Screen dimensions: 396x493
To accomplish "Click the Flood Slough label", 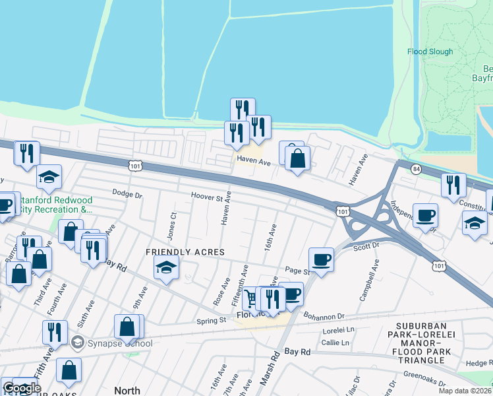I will coord(430,51).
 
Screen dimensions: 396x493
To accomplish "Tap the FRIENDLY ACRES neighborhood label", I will coord(185,252).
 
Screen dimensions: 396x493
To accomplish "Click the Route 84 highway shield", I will coord(415,170).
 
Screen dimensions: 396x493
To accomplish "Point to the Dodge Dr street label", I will coord(127,195).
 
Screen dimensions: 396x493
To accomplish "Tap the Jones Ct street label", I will coord(173,225).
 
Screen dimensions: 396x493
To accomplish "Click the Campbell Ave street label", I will coord(369,280).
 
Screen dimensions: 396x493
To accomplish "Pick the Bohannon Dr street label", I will coord(324,316).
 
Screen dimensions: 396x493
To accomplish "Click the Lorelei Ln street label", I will coord(338,329).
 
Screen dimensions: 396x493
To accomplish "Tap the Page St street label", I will coord(297,271).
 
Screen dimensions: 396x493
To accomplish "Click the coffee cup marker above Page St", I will coord(321,258).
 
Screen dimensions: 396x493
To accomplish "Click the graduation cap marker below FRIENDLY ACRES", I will coord(166,267).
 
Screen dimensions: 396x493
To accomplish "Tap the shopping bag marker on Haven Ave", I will coord(297,158).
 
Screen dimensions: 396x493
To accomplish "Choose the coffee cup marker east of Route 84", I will coord(426,214).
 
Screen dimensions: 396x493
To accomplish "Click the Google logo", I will coord(21,388).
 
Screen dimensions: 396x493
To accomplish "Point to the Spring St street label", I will coord(212,321).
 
